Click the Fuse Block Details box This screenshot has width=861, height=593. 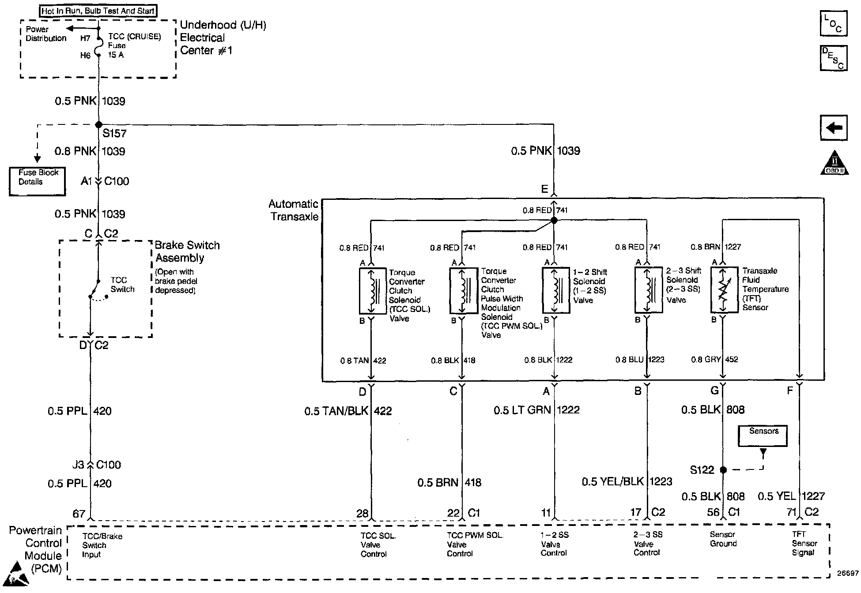click(38, 181)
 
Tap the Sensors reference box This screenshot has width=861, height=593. click(763, 435)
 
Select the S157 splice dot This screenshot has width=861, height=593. click(98, 125)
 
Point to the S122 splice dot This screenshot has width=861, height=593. click(723, 470)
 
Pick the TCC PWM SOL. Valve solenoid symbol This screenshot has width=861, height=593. click(463, 291)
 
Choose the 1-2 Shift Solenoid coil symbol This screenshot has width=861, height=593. click(555, 291)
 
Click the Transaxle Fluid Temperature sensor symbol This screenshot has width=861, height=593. click(724, 290)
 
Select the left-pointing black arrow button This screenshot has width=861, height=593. click(834, 128)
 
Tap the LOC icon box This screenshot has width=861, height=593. click(834, 24)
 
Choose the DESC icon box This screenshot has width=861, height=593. click(834, 58)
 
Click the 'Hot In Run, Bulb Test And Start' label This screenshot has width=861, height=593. click(98, 11)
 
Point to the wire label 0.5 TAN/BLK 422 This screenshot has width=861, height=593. click(348, 411)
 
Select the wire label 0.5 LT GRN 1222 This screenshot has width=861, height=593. click(536, 410)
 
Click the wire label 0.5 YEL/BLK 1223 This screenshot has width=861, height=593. click(627, 482)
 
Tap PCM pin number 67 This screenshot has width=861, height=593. click(79, 514)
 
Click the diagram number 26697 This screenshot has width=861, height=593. click(848, 574)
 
